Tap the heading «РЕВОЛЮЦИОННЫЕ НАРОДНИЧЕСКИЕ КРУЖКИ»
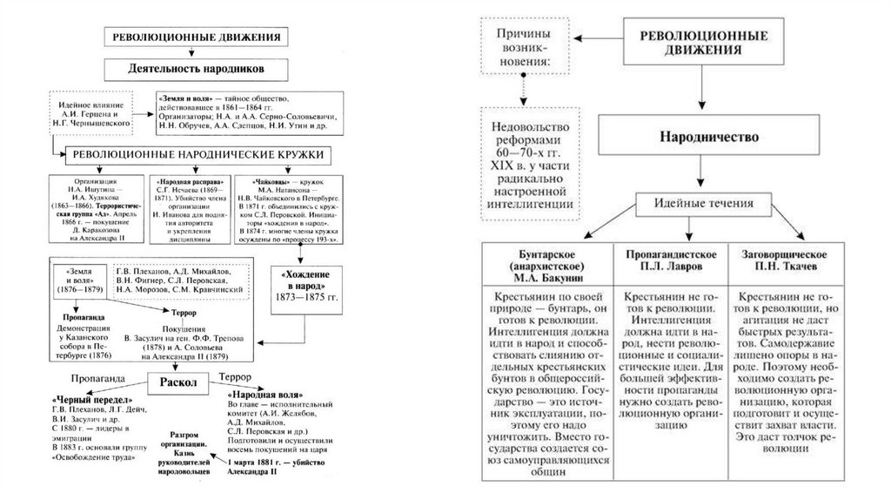click(199, 154)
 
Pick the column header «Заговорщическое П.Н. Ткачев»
click(783, 259)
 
